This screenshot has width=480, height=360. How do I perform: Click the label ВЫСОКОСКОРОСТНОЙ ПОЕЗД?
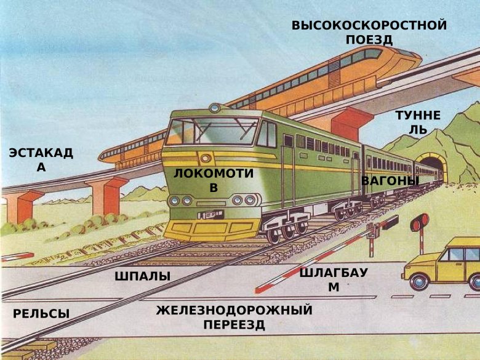(369, 33)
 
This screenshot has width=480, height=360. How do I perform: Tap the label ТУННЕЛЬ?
(418, 122)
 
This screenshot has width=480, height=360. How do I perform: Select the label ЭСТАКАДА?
(41, 160)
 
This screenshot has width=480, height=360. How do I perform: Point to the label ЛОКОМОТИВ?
(213, 180)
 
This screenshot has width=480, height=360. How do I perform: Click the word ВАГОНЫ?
(390, 181)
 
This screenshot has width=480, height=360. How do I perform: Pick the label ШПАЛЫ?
(142, 276)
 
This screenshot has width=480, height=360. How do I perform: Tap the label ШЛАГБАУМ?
(333, 280)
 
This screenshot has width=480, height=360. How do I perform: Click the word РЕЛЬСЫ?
(41, 314)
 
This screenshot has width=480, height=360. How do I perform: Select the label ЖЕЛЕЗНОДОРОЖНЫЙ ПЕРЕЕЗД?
(234, 317)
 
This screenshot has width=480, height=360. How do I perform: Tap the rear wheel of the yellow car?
(420, 281)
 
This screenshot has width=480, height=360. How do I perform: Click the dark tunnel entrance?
(430, 170)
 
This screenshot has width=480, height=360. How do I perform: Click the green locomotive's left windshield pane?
(182, 132)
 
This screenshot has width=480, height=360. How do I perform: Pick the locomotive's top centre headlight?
(214, 108)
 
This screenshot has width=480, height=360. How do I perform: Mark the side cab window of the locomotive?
(268, 134)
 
